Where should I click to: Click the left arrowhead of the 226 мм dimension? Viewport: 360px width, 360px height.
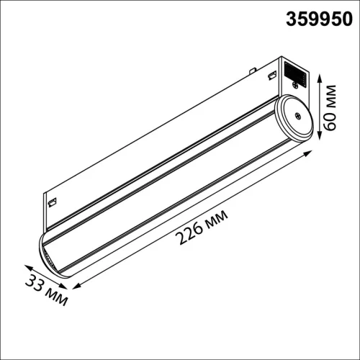pyautogui.click(x=74, y=287)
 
